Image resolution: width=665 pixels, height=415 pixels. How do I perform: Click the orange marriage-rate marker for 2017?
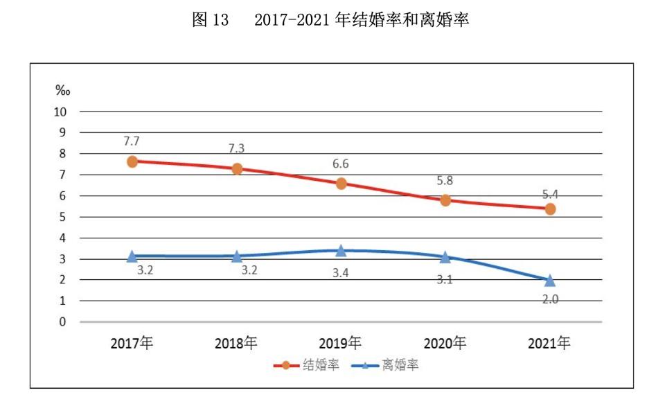pyautogui.click(x=132, y=161)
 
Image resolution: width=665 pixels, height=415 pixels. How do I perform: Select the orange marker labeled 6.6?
pyautogui.click(x=341, y=184)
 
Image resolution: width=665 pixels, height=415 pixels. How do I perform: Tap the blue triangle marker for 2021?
pyautogui.click(x=550, y=281)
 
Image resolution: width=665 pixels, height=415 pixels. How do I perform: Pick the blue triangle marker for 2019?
pyautogui.click(x=341, y=251)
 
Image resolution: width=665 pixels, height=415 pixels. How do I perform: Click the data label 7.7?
pyautogui.click(x=132, y=141)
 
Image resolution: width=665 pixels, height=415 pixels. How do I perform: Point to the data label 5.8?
pyautogui.click(x=445, y=180)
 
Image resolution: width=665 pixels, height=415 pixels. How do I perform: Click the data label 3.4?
pyautogui.click(x=341, y=272)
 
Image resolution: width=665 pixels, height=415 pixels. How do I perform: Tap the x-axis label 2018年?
pyautogui.click(x=236, y=344)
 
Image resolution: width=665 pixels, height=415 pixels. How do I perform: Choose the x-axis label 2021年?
pyautogui.click(x=550, y=344)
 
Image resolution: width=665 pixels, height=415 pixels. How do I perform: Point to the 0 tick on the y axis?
pyautogui.click(x=62, y=322)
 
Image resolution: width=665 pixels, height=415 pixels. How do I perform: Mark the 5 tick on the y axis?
pyautogui.click(x=62, y=217)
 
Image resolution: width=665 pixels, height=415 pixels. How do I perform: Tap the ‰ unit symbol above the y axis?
pyautogui.click(x=62, y=91)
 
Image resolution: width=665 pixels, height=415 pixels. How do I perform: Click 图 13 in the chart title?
pyautogui.click(x=210, y=21)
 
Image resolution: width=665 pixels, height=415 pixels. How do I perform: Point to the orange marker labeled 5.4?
pyautogui.click(x=550, y=209)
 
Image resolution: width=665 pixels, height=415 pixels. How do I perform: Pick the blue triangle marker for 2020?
pyautogui.click(x=445, y=257)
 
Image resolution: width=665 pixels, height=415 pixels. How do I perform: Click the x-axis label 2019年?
pyautogui.click(x=341, y=344)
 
